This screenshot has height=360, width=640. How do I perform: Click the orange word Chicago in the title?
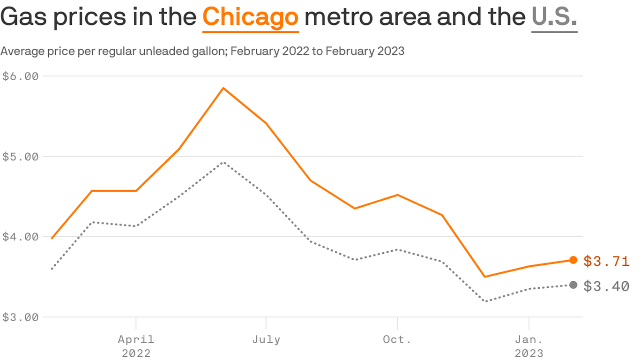click(251, 17)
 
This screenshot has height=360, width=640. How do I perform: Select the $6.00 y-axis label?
click(20, 76)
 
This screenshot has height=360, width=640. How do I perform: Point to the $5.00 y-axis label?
click(20, 157)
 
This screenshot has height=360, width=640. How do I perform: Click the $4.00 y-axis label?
click(20, 237)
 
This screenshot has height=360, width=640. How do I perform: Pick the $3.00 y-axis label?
click(20, 317)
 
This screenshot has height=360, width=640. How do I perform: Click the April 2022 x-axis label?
click(136, 346)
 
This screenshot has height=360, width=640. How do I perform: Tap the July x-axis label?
click(266, 340)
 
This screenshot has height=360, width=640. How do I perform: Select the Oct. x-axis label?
click(397, 339)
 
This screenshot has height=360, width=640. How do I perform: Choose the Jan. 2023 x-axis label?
click(529, 346)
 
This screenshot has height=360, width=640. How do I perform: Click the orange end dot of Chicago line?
click(573, 260)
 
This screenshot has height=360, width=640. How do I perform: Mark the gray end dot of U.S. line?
click(573, 285)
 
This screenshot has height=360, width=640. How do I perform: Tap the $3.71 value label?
click(606, 261)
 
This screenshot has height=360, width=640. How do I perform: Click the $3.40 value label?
click(606, 286)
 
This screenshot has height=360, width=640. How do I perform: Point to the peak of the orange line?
click(223, 88)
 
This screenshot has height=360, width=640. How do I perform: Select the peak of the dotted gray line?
click(224, 162)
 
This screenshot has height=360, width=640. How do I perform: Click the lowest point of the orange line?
click(485, 277)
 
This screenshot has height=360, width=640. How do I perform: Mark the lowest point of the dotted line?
click(485, 301)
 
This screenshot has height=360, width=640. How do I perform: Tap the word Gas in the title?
click(23, 16)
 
